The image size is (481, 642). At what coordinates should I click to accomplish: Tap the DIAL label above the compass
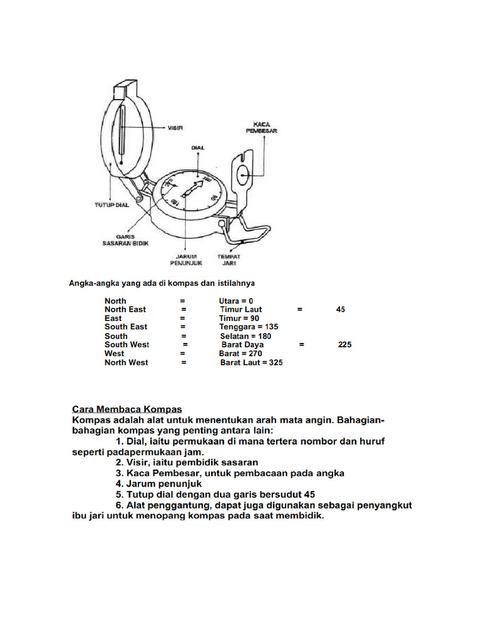pyautogui.click(x=198, y=147)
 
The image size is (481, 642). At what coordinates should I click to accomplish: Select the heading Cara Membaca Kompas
pyautogui.click(x=127, y=408)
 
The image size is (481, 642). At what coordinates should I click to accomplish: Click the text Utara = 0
pyautogui.click(x=236, y=301)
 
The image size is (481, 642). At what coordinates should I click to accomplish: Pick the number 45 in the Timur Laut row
pyautogui.click(x=340, y=310)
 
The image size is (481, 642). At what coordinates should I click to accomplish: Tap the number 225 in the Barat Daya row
pyautogui.click(x=344, y=345)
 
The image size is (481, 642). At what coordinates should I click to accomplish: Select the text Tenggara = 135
pyautogui.click(x=249, y=327)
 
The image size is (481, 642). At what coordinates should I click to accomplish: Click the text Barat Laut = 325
pyautogui.click(x=251, y=362)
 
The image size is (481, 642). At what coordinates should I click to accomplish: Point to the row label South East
pyautogui.click(x=126, y=327)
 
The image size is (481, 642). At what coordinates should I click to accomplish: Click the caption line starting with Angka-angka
pyautogui.click(x=162, y=283)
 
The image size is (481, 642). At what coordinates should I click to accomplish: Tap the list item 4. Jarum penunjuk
pyautogui.click(x=158, y=484)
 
